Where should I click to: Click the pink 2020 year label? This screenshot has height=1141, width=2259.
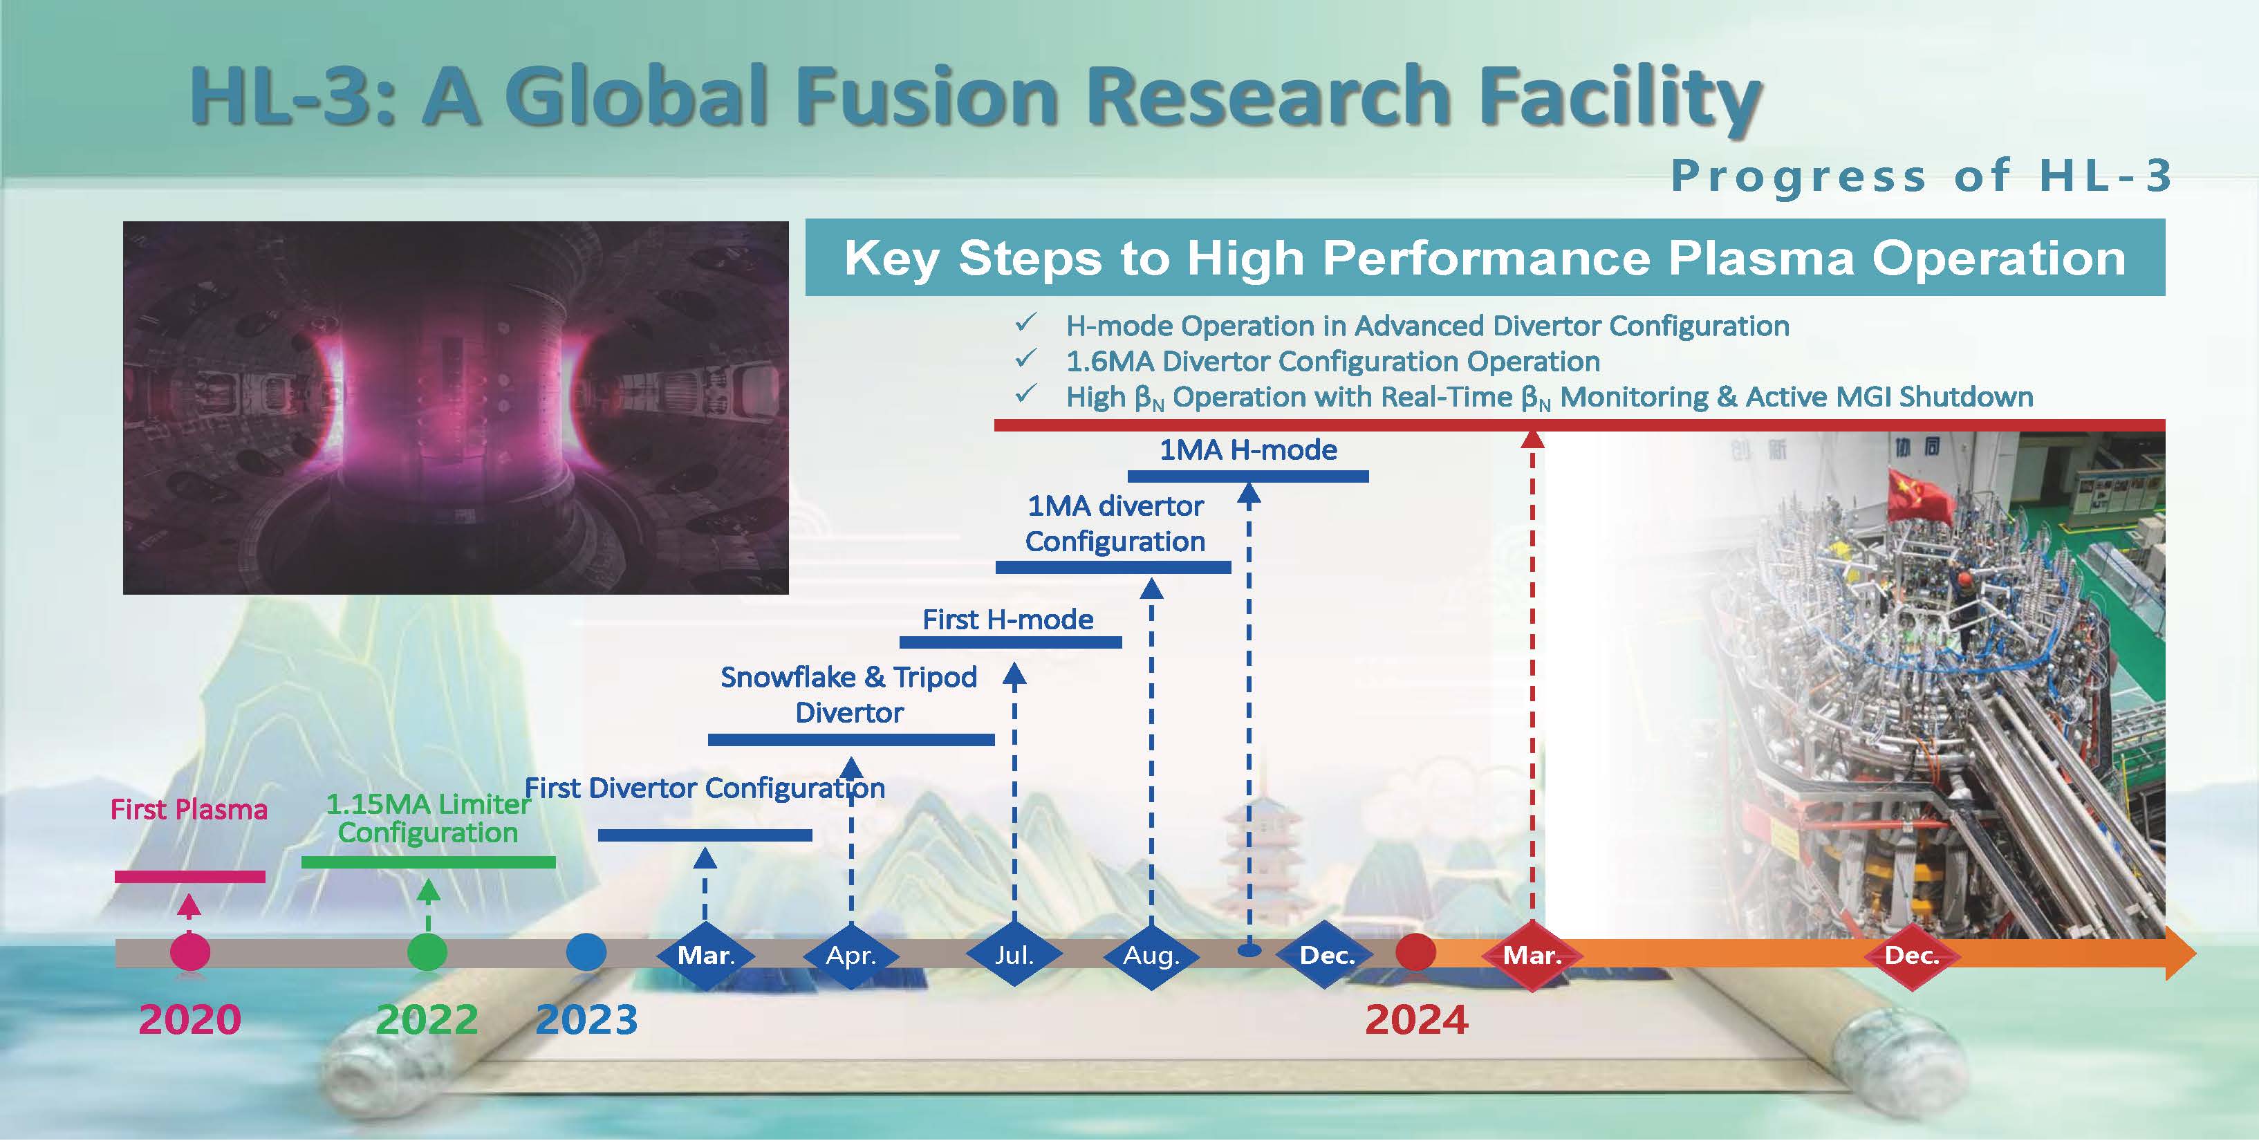click(189, 1020)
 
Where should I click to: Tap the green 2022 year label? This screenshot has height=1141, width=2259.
click(427, 1020)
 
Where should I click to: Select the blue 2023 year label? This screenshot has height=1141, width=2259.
click(586, 1020)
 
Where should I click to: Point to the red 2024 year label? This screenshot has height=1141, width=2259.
click(1416, 1020)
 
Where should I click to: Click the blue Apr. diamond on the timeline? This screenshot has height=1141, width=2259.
click(850, 955)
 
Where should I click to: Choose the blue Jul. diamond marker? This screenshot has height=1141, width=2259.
click(1014, 954)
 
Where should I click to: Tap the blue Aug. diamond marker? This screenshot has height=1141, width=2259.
click(1151, 955)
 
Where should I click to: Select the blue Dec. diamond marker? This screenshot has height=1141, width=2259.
click(1327, 955)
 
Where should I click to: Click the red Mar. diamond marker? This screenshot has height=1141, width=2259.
click(1532, 955)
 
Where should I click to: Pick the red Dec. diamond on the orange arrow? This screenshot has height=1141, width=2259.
click(1912, 955)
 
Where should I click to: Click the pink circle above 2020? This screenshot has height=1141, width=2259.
click(190, 952)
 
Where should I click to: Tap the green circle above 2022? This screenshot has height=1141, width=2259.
click(427, 952)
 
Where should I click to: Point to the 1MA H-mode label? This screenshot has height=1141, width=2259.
click(1248, 450)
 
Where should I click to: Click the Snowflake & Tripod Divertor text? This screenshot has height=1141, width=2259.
click(849, 694)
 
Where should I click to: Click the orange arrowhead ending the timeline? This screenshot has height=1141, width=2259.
click(2180, 954)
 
